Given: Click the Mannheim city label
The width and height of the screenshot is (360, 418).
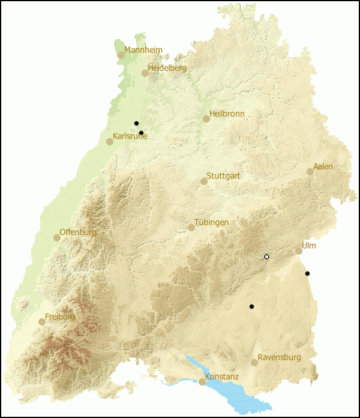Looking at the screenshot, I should (x=143, y=50).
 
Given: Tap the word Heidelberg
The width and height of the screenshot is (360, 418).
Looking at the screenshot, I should (x=167, y=68).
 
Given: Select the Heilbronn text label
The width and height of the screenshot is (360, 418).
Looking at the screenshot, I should (x=227, y=114).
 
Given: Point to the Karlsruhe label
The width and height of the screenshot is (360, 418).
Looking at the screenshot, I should (x=130, y=136).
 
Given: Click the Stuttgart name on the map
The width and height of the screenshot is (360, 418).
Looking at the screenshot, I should (x=223, y=176).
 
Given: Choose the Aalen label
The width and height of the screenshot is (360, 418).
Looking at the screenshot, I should (x=323, y=166).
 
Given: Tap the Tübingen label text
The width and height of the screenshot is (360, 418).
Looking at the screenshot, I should (x=211, y=223).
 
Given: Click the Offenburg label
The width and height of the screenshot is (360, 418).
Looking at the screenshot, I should (x=78, y=232).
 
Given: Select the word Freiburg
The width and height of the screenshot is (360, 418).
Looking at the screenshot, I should (x=60, y=317).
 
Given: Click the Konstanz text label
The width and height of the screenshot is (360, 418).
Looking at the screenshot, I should (x=222, y=377).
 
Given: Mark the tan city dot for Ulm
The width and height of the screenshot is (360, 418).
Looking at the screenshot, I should (x=299, y=251).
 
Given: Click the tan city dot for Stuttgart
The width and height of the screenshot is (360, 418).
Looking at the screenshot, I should (x=204, y=181).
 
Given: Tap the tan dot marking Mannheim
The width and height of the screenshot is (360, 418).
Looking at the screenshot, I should (x=121, y=55).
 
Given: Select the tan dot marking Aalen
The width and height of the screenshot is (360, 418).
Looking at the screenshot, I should (x=310, y=172).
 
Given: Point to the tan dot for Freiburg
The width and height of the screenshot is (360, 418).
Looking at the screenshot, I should (x=42, y=322).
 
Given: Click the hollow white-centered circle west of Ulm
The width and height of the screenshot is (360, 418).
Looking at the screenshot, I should (x=267, y=257).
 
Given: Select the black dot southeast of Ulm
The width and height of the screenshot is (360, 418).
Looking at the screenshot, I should (x=307, y=274).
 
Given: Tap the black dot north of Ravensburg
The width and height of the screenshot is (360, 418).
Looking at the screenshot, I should (x=252, y=307).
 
